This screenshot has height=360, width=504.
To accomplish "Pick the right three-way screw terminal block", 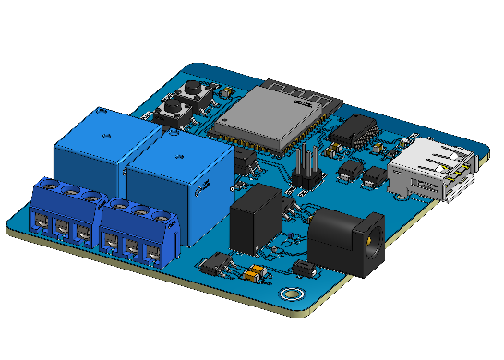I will [138, 231].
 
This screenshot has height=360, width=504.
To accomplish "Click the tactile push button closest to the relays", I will [173, 113].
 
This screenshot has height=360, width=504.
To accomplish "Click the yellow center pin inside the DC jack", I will [371, 243].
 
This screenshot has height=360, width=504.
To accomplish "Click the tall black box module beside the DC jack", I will [255, 220].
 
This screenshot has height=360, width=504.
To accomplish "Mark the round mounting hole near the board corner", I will [292, 294].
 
